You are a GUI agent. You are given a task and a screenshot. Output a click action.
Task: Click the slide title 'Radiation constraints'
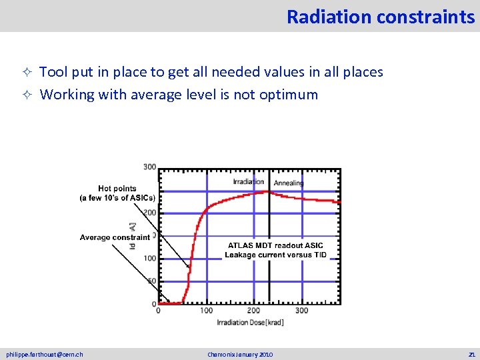click(x=380, y=16)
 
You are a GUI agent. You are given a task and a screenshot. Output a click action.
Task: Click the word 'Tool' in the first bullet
click(x=53, y=72)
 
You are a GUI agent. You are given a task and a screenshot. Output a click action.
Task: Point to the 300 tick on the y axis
click(x=149, y=167)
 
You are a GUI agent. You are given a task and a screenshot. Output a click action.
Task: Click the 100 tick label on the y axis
click(x=149, y=259)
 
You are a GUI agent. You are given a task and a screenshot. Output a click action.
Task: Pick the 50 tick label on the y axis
click(x=151, y=281)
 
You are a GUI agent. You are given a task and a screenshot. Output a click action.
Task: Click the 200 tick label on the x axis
click(x=253, y=310)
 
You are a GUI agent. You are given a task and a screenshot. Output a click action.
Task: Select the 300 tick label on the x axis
click(x=302, y=310)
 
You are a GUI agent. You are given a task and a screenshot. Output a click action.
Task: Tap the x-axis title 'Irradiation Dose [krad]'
click(x=250, y=323)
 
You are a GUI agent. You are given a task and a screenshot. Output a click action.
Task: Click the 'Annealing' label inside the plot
click(x=289, y=183)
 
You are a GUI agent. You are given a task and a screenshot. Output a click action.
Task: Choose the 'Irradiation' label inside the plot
click(x=248, y=182)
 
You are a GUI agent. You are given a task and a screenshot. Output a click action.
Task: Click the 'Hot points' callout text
click(x=117, y=189)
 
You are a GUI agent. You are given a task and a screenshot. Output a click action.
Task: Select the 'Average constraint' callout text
click(x=115, y=237)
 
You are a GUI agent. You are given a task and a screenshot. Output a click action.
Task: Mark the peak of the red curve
click(x=267, y=192)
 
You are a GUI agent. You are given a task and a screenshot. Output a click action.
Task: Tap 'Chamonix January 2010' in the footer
click(x=240, y=354)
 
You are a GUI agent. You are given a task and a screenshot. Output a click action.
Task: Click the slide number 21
click(x=471, y=354)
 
